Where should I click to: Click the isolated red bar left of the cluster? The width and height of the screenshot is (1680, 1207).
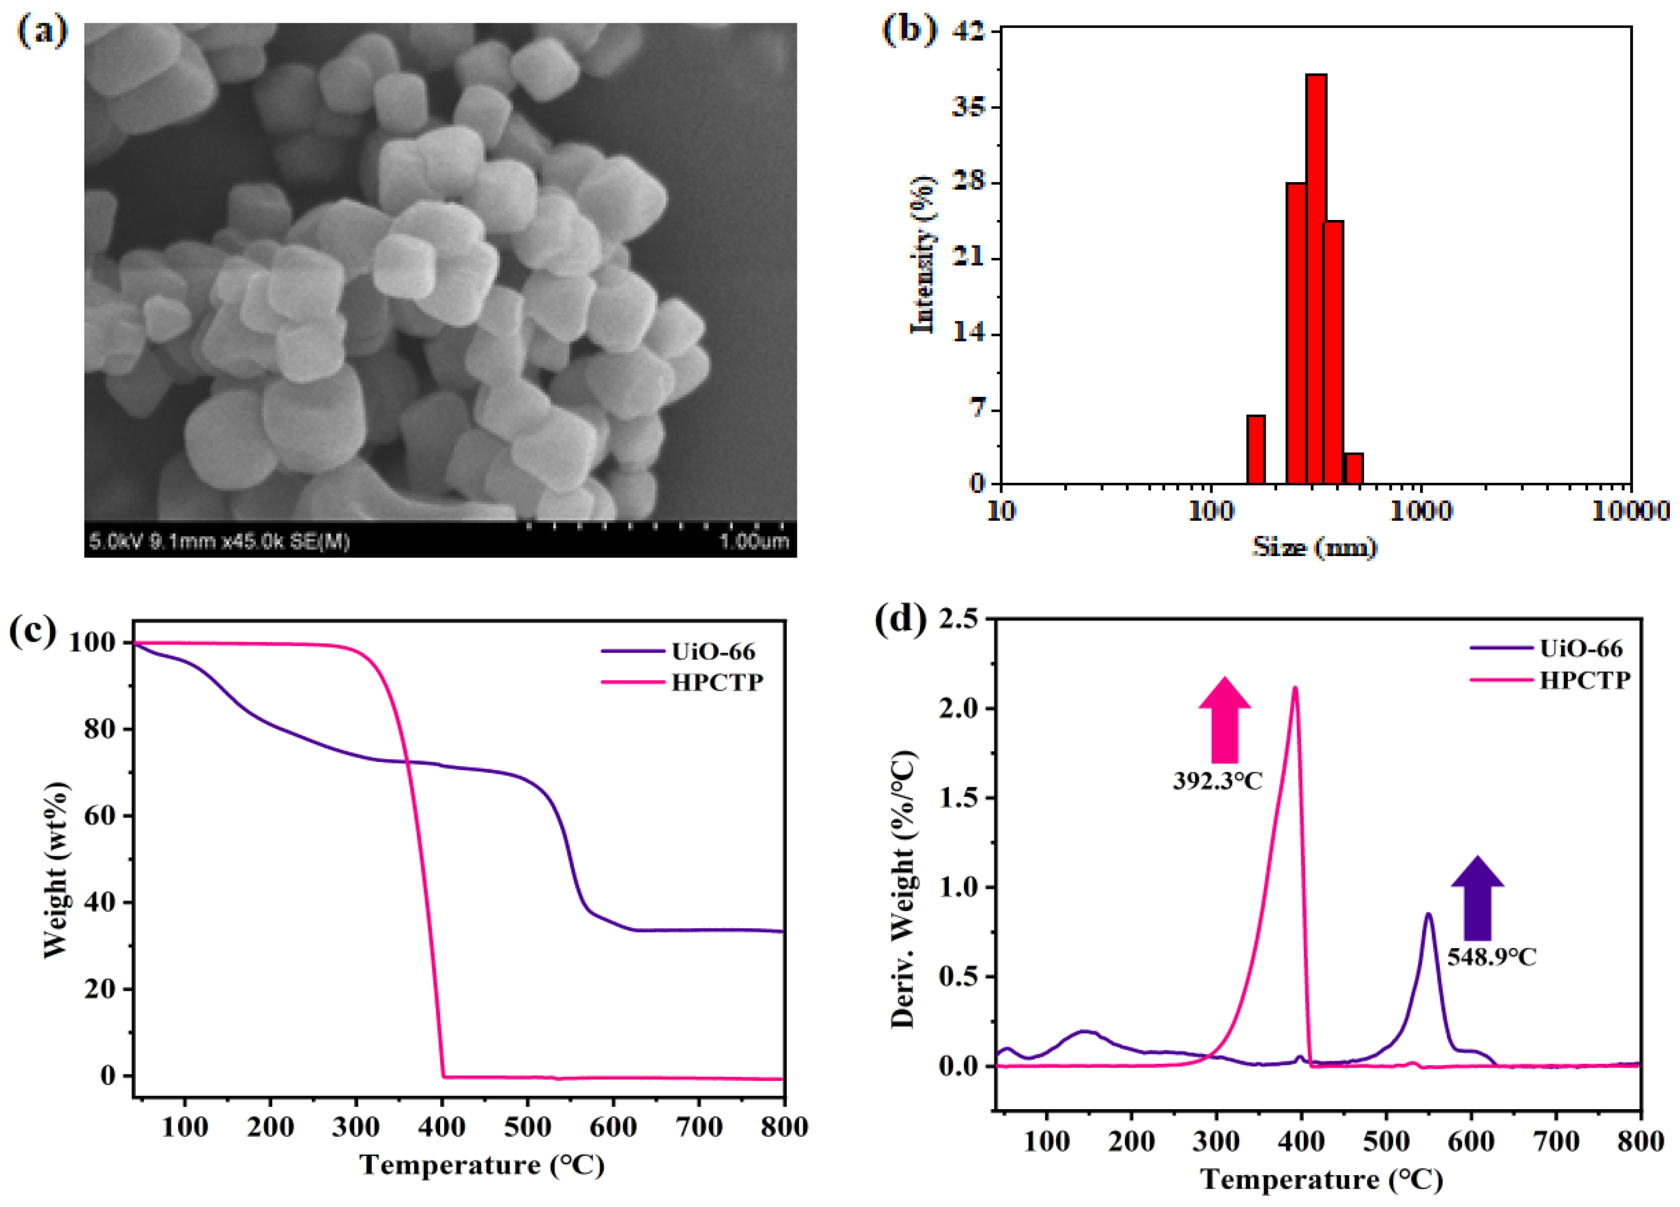click(x=1256, y=450)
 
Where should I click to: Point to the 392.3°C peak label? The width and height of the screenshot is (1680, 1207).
click(x=1217, y=781)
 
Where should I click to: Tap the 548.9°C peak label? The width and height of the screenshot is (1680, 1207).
click(x=1492, y=957)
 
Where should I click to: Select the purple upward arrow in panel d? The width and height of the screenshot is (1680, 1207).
click(x=1478, y=898)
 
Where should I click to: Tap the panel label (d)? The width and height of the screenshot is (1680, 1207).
click(x=900, y=620)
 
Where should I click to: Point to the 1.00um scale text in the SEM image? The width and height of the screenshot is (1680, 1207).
click(x=754, y=542)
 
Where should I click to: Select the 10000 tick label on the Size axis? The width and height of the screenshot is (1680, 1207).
click(x=1630, y=511)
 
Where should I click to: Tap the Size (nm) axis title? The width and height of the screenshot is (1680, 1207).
click(x=1315, y=548)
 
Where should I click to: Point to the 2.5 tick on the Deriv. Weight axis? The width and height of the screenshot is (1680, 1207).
click(x=960, y=618)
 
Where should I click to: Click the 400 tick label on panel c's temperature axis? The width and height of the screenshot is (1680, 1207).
click(x=442, y=1127)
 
